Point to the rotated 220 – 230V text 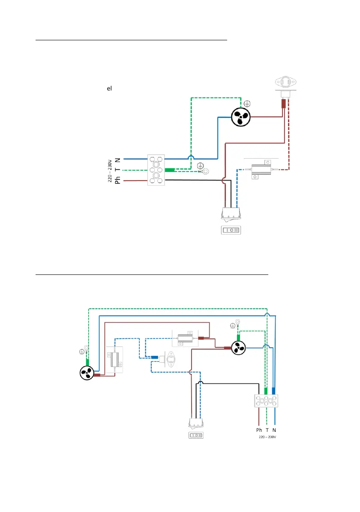pos(109,171)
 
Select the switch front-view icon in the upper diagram pos(231,230)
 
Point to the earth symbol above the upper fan pos(246,103)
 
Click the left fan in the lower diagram pos(85,373)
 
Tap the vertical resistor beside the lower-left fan pos(114,359)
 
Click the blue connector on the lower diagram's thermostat pos(153,357)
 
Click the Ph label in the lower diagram pos(259,430)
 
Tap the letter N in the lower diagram pos(274,430)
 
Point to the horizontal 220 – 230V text pos(269,437)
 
